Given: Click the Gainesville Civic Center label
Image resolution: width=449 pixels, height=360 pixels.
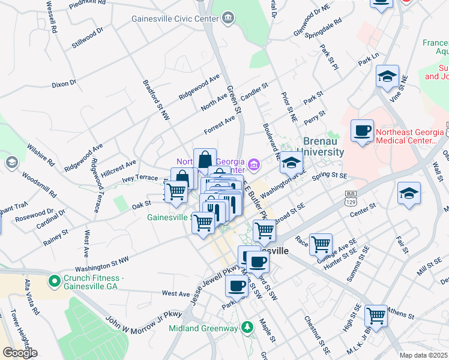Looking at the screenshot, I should pyautogui.click(x=175, y=19).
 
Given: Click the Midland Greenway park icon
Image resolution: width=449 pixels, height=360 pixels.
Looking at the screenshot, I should pyautogui.click(x=246, y=327).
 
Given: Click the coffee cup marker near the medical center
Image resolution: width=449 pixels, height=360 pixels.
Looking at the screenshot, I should pyautogui.click(x=362, y=131).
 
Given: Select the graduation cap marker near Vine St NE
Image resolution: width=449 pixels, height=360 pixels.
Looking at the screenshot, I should pyautogui.click(x=387, y=77).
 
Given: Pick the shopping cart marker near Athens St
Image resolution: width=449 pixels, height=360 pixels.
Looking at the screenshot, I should pyautogui.click(x=376, y=315).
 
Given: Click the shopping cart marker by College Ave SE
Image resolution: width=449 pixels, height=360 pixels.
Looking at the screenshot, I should pyautogui.click(x=321, y=244).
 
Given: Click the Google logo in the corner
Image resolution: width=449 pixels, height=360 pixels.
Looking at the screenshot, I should pyautogui.click(x=20, y=353).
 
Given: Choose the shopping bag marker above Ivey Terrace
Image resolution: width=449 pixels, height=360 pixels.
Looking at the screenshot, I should pyautogui.click(x=205, y=160).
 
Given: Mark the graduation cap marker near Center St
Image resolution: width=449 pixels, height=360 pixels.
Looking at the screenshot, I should pyautogui.click(x=409, y=194).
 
